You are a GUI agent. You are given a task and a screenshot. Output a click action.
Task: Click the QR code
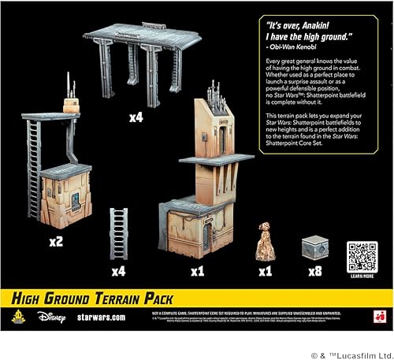[x=362, y=256]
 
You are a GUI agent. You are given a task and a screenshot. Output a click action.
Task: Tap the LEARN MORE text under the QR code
[x=362, y=277]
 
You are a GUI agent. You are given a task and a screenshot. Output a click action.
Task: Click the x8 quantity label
[x=315, y=272]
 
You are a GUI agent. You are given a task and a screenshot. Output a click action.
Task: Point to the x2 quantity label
[x=56, y=241]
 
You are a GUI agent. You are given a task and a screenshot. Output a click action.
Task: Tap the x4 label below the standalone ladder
[x=119, y=272]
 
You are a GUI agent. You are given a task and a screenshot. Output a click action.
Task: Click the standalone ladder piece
[x=119, y=232]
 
